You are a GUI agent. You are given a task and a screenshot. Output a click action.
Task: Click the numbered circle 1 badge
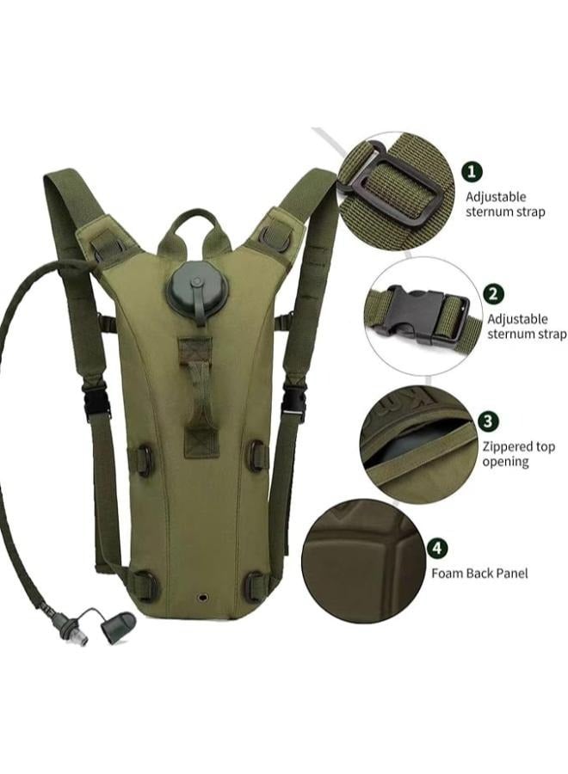pyautogui.click(x=472, y=172)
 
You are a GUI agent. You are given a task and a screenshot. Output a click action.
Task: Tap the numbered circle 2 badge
pyautogui.click(x=492, y=294)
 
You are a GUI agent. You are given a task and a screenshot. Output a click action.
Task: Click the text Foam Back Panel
pyautogui.click(x=479, y=573)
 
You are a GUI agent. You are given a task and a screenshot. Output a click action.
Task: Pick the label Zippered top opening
pyautogui.click(x=519, y=453)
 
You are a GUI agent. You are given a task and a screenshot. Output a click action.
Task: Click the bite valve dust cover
pyautogui.click(x=118, y=625)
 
